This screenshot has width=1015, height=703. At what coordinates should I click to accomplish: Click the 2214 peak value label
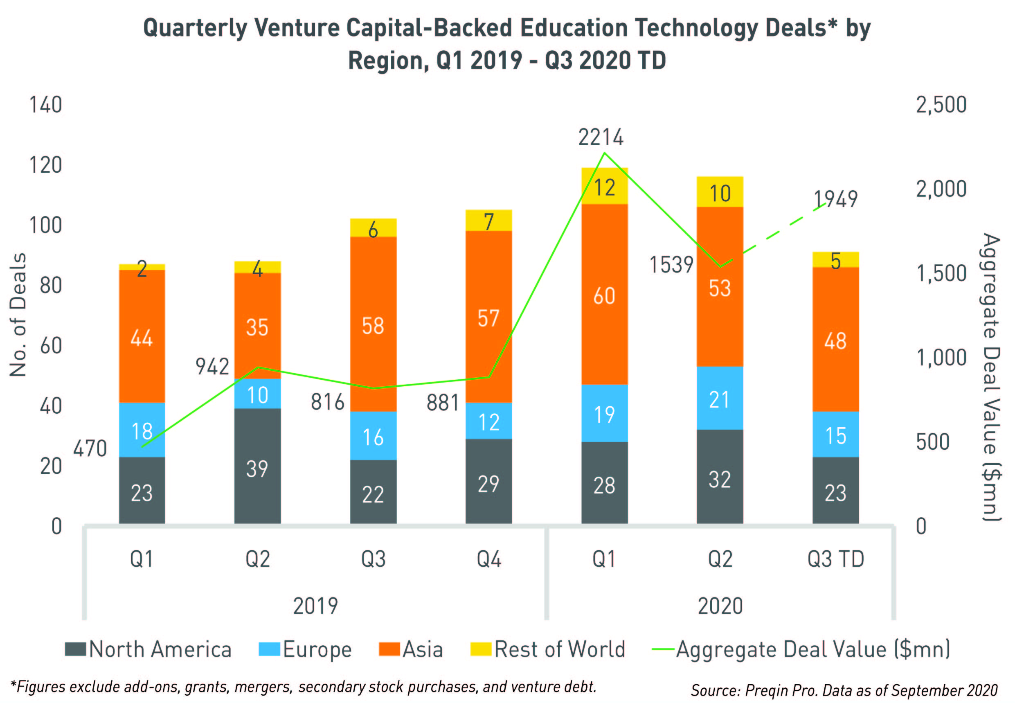[601, 137]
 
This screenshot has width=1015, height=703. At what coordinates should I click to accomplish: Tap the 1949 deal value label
[835, 199]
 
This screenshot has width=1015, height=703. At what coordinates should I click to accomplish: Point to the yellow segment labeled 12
[604, 187]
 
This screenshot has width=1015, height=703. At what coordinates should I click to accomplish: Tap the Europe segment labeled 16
[373, 436]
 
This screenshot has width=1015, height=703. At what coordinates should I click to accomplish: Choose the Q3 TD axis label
[835, 559]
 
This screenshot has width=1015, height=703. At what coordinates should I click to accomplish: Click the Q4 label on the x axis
[489, 559]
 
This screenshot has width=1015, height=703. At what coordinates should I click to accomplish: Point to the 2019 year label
[315, 606]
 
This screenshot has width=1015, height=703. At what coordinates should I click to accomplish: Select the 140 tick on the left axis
[45, 105]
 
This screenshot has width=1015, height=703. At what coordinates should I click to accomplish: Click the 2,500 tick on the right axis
[941, 105]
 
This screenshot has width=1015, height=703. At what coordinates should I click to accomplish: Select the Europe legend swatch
[269, 649]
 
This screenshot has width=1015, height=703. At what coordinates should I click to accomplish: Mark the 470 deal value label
[90, 449]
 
